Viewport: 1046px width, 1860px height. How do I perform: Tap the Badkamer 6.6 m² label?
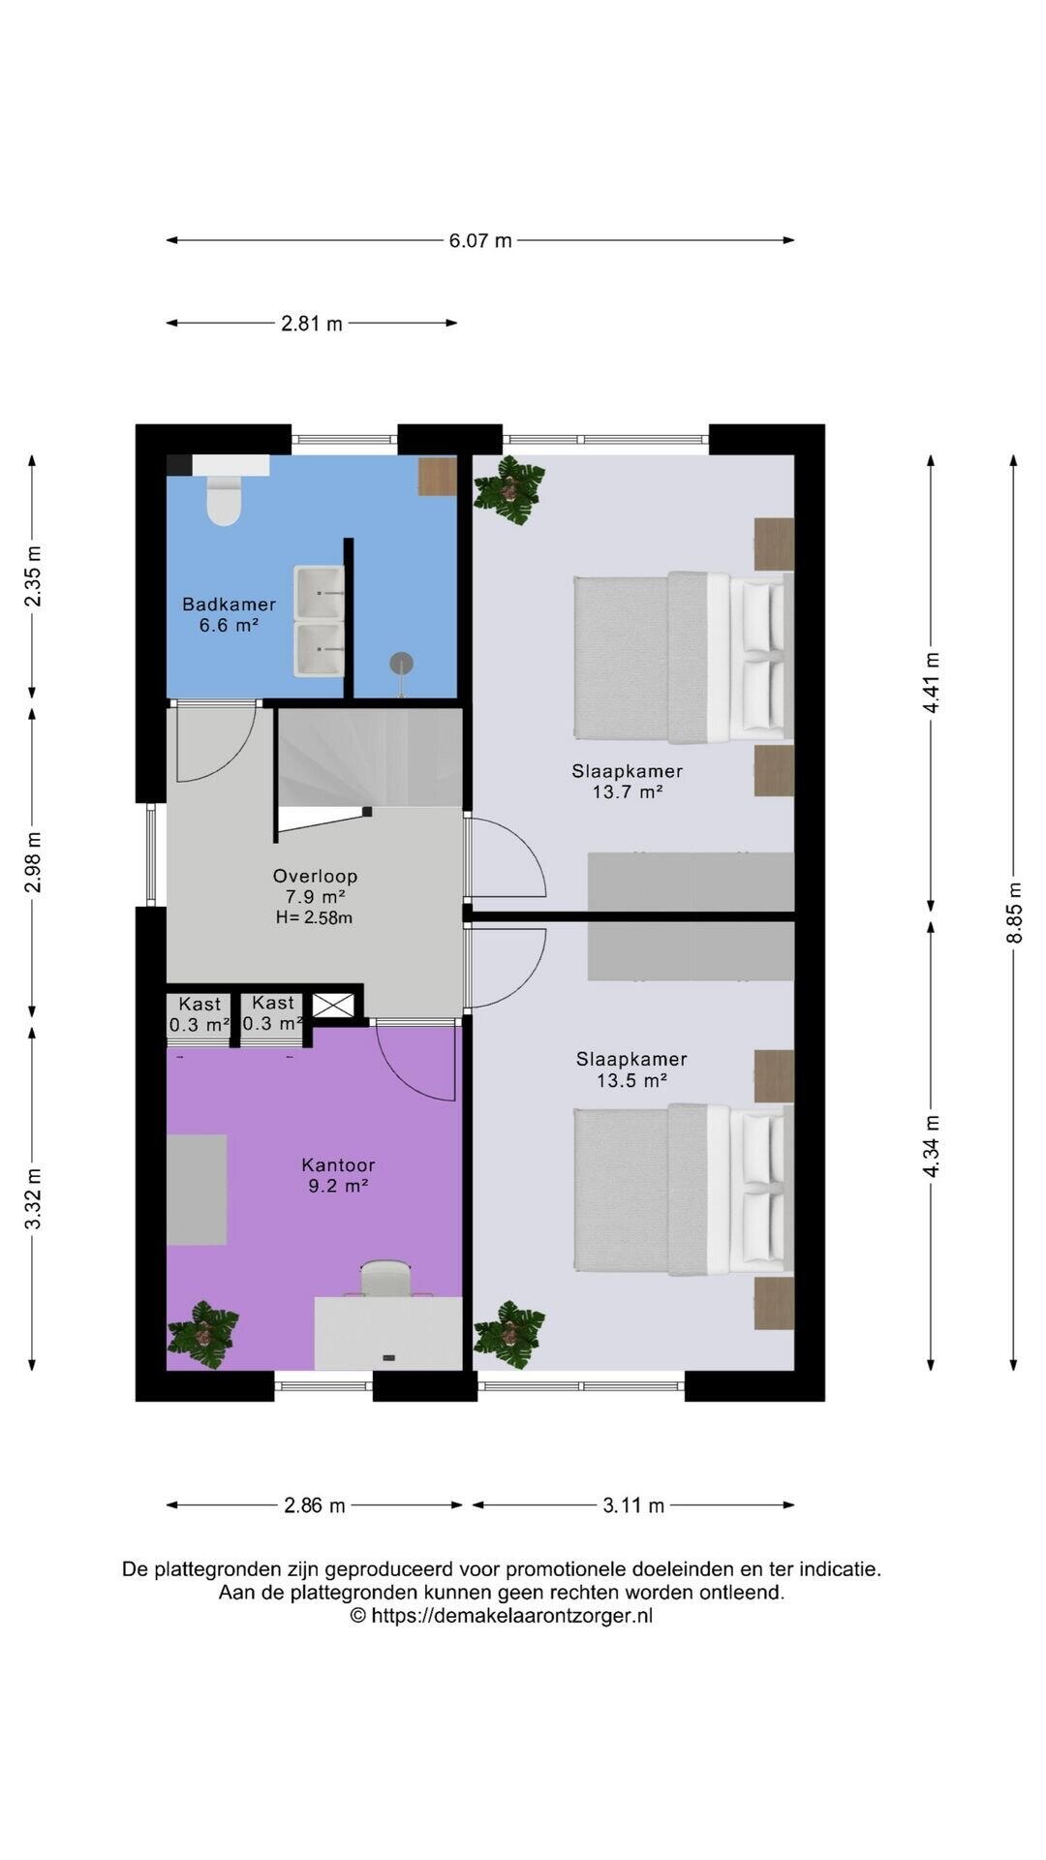click(230, 614)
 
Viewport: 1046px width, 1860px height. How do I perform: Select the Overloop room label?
click(315, 877)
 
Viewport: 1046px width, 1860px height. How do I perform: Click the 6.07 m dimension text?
click(480, 240)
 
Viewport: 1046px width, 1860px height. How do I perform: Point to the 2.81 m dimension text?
click(312, 324)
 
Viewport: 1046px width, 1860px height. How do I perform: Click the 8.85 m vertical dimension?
click(1014, 912)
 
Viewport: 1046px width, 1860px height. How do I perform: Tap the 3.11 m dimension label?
click(633, 1505)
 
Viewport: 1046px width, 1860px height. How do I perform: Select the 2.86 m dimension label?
click(315, 1505)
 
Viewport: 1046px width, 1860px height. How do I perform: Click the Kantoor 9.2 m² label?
click(338, 1175)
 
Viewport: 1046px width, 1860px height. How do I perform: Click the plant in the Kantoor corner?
click(202, 1335)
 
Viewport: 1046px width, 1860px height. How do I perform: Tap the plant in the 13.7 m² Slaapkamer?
click(509, 491)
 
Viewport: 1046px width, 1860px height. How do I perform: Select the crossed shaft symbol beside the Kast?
click(332, 1006)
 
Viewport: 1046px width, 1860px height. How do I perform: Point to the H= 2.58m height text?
click(314, 917)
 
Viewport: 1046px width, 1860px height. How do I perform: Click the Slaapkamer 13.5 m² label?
click(631, 1069)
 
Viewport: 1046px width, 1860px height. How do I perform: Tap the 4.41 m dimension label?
click(932, 683)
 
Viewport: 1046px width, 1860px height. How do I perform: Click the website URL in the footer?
click(501, 1616)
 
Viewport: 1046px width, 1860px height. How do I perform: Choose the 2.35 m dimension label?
click(33, 576)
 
